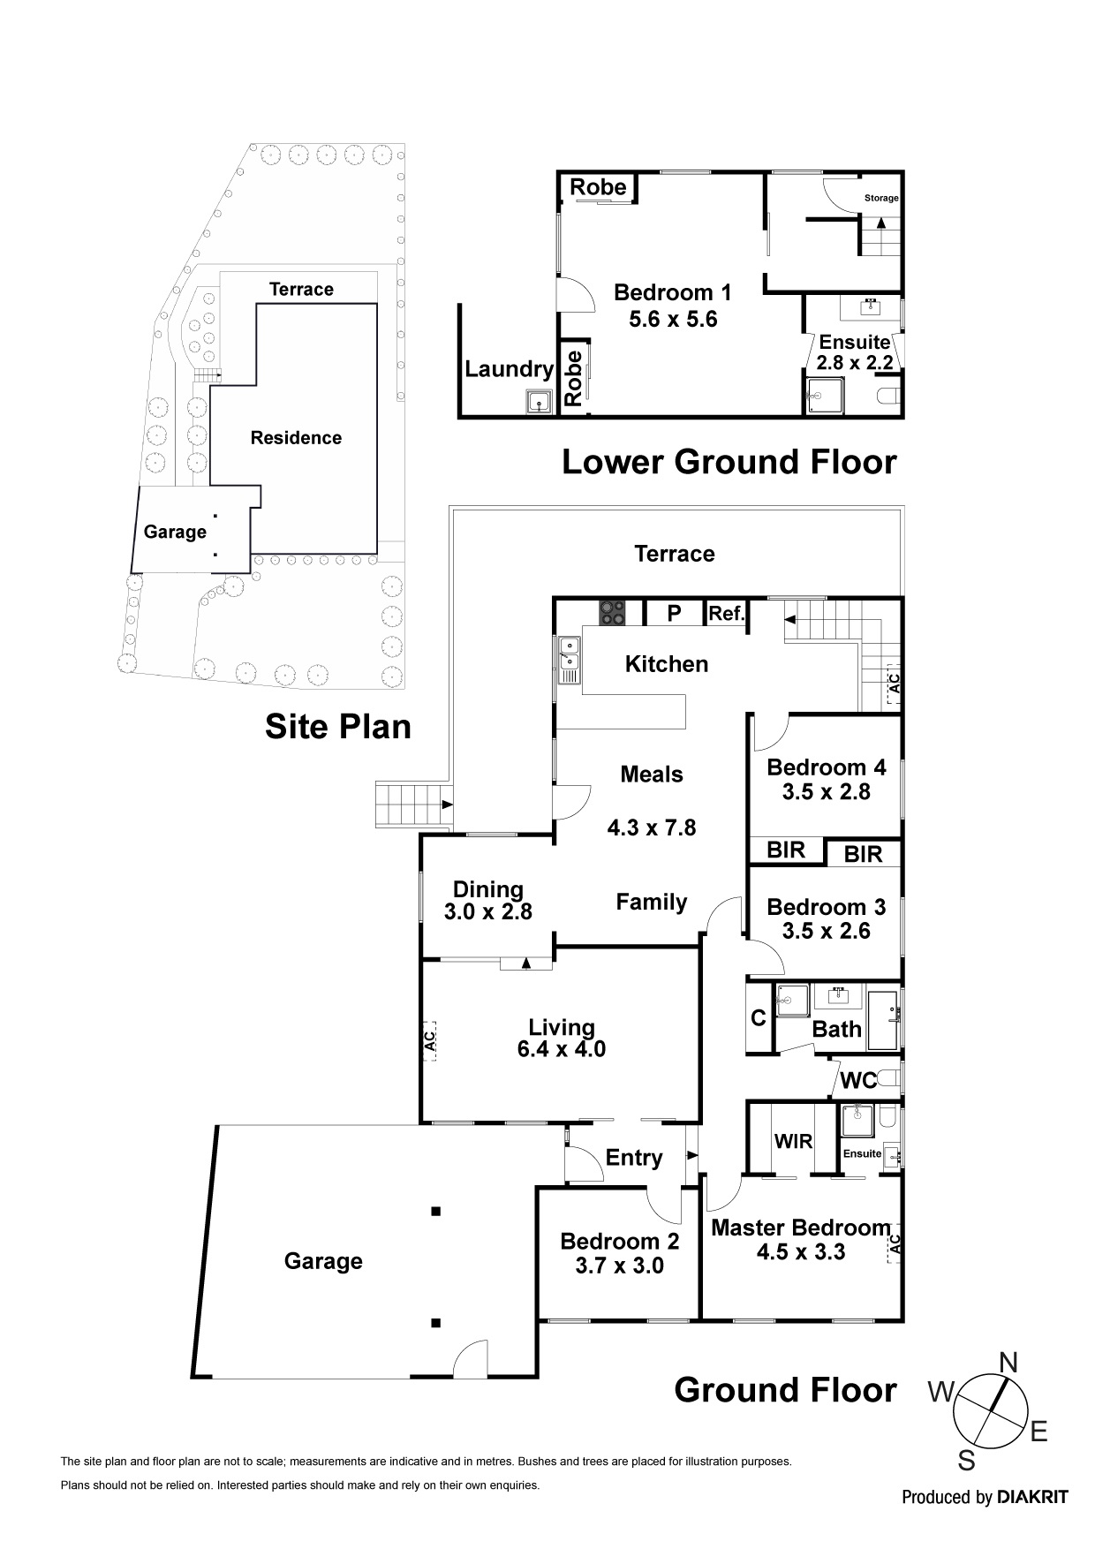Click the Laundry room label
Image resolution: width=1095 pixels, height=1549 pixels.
[509, 369]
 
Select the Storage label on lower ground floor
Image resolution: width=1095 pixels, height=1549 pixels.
[880, 198]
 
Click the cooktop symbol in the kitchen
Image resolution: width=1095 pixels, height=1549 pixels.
[611, 612]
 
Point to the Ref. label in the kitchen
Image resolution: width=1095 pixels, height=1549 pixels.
[727, 613]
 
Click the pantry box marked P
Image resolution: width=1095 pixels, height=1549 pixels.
[674, 613]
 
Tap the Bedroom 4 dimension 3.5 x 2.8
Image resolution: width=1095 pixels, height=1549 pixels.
[826, 792]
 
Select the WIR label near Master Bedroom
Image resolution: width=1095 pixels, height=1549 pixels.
[793, 1141]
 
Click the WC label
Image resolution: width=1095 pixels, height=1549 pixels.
[858, 1080]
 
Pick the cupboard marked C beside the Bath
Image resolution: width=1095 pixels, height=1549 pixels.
[758, 1018]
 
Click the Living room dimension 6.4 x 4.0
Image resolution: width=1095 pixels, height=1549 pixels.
[562, 1050]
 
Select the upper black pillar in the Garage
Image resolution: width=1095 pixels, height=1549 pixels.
[435, 1212]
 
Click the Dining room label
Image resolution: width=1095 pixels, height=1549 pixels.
[487, 889]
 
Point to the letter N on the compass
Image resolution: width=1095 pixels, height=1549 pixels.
[1008, 1364]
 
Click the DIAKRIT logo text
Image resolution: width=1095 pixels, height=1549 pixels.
[1031, 1497]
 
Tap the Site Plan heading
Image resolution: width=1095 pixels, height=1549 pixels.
[338, 727]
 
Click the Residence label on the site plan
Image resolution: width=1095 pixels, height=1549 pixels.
[296, 438]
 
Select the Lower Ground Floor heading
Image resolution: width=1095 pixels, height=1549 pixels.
[729, 462]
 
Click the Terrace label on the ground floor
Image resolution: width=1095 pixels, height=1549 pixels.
[675, 554]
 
